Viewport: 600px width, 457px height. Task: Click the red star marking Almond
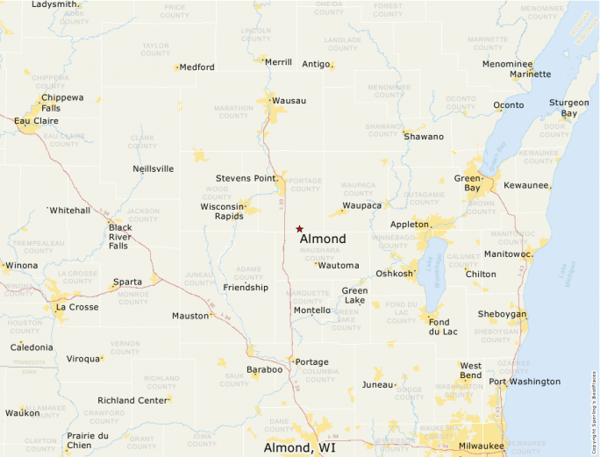tap(299, 228)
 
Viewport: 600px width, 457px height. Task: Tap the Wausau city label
tap(289, 101)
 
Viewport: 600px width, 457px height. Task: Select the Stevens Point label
tap(246, 178)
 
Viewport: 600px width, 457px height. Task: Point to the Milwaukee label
tap(482, 446)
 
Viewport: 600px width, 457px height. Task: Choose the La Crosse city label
tap(76, 308)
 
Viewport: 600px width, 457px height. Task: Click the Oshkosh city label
tap(394, 274)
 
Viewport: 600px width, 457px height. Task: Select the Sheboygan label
tap(502, 314)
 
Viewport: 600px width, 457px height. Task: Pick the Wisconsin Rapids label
tap(222, 211)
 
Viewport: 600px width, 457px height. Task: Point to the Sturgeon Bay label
tap(569, 108)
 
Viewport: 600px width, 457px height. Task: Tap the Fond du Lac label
tap(439, 326)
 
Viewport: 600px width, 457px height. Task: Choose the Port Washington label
tap(525, 382)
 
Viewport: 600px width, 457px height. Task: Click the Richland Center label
tap(132, 400)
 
